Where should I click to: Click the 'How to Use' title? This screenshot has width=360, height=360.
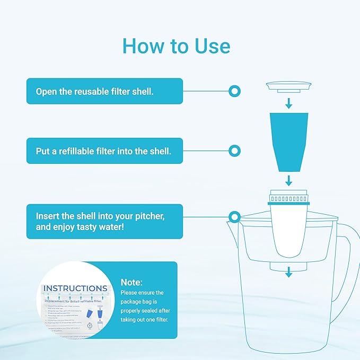[177, 46]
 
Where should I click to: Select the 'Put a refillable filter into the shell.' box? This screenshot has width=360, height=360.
[105, 151]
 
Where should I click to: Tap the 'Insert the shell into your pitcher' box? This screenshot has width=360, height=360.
[105, 222]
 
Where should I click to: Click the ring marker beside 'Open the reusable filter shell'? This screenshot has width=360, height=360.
[233, 91]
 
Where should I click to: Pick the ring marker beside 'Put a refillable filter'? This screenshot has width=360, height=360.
[233, 151]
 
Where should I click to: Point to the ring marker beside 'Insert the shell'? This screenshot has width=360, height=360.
[233, 216]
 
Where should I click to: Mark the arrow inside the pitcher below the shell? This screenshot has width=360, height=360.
[288, 272]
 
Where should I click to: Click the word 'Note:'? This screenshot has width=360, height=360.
[131, 283]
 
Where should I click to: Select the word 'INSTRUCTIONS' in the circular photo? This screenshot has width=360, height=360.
[75, 288]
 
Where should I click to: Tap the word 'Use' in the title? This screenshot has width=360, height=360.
[210, 46]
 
